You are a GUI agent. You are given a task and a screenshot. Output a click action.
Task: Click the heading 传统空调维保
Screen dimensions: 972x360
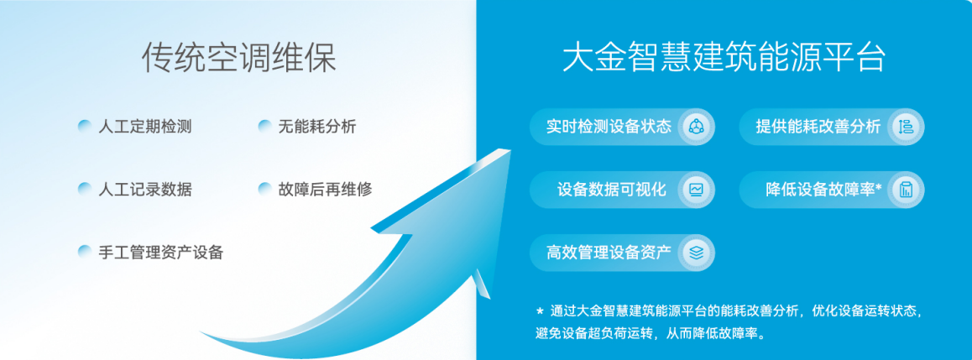pos(238,59)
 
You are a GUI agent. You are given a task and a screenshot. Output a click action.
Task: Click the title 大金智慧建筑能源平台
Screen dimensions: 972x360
pos(724,58)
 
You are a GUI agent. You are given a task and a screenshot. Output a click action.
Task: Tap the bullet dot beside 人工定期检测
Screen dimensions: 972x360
pos(84,127)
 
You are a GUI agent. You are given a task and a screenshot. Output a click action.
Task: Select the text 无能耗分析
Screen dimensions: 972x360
pos(316,127)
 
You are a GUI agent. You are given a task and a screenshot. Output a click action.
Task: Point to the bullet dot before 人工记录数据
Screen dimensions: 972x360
pos(84,189)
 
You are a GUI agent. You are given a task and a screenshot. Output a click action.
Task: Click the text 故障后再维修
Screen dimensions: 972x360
pos(325,189)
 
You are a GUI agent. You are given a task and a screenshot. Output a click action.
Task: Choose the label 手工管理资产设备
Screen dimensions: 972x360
pos(160,253)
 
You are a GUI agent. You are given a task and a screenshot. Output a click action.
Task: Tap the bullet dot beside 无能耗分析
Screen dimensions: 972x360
pos(264,127)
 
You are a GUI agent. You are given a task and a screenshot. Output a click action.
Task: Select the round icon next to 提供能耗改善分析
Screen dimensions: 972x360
pos(906,127)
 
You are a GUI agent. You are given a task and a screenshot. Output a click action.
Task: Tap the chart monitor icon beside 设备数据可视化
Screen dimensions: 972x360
pos(696,190)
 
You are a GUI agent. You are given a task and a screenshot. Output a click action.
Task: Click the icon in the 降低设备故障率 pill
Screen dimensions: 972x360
pos(906,190)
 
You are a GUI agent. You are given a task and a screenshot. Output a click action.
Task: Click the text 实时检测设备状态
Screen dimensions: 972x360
pos(609,127)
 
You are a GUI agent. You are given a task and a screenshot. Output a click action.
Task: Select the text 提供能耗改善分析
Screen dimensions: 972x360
pos(818,127)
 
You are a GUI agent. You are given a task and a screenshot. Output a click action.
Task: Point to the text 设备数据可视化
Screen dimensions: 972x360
pos(612,190)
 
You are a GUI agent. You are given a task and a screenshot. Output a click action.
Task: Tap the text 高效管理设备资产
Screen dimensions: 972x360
pos(609,253)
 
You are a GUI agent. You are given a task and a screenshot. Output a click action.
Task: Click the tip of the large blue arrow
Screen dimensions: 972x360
pos(511,149)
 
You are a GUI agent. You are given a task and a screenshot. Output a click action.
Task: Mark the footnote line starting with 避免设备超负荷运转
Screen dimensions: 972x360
pos(651,334)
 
